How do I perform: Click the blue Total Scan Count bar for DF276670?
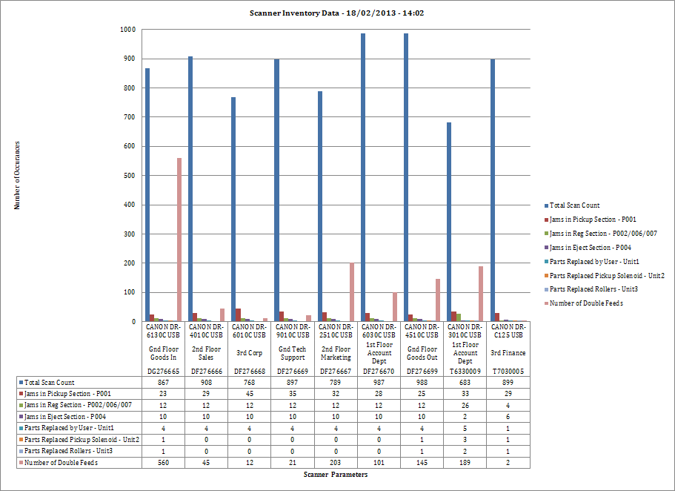[x=363, y=177]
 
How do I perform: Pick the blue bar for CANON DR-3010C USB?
[x=449, y=222]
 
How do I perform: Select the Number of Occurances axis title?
[x=17, y=175]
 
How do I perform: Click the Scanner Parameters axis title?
[x=335, y=475]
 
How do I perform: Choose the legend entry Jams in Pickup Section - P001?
[x=592, y=220]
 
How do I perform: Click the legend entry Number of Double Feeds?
[x=585, y=303]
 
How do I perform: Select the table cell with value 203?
[x=336, y=462]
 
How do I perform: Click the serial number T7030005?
[x=508, y=371]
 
